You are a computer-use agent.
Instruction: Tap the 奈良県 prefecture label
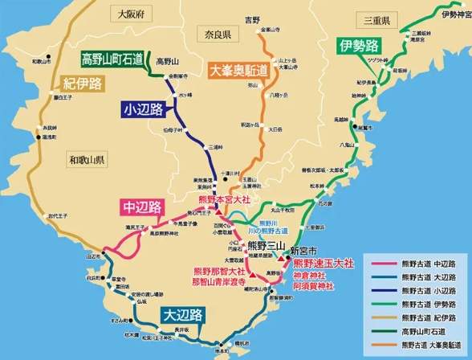(215, 35)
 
